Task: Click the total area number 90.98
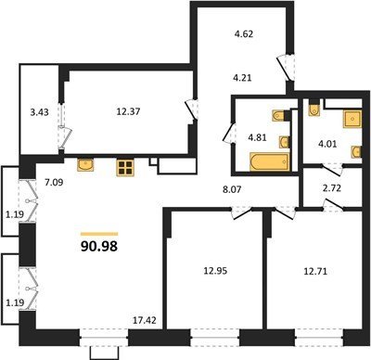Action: click(x=99, y=246)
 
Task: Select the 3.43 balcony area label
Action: click(x=39, y=112)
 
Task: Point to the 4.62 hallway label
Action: click(x=243, y=33)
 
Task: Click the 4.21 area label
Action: click(x=242, y=78)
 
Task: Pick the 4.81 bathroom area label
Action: click(x=256, y=136)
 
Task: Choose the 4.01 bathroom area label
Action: click(x=327, y=144)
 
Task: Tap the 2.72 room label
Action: click(x=331, y=188)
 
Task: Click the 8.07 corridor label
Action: click(x=231, y=189)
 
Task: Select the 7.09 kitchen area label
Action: click(x=54, y=183)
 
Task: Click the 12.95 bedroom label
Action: click(x=215, y=271)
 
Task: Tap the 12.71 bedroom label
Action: click(x=315, y=272)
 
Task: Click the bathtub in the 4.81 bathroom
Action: click(x=270, y=161)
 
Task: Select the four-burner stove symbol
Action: click(x=124, y=168)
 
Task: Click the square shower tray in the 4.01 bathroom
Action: click(x=352, y=119)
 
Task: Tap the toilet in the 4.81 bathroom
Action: click(x=278, y=115)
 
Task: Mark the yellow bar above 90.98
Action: click(x=99, y=234)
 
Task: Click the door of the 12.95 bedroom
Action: click(x=243, y=212)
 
